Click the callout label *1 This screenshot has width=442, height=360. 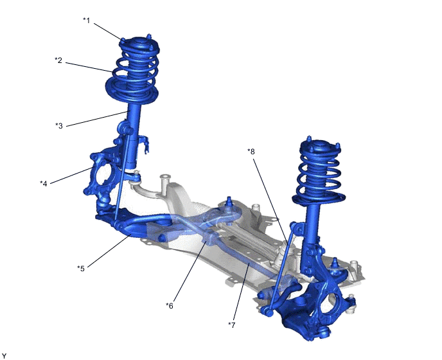(x=87, y=21)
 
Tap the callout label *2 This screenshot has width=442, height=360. (x=58, y=60)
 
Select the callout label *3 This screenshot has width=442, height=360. (x=59, y=125)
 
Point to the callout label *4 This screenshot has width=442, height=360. (x=44, y=184)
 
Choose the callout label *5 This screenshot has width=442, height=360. (x=81, y=268)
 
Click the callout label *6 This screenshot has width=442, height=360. (x=170, y=305)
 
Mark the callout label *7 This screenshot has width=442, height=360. (x=231, y=325)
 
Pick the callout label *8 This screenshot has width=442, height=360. (x=251, y=152)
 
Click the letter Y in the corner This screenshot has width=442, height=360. (x=4, y=356)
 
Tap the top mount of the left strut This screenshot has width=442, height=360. (x=139, y=44)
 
